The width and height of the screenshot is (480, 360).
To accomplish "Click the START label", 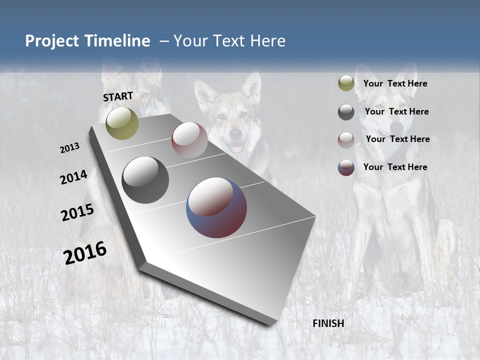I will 118,96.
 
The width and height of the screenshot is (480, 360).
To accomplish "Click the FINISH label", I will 328,323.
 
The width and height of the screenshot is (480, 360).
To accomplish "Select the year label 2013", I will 69,148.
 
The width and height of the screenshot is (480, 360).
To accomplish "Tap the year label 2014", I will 73,177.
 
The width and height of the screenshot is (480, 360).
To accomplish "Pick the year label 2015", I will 77,212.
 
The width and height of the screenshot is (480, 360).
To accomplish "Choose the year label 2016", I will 85,253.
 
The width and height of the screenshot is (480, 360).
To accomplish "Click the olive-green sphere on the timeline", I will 122,123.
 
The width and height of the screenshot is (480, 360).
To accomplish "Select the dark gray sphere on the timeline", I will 145,180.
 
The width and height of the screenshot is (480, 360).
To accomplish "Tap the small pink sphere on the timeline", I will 189,140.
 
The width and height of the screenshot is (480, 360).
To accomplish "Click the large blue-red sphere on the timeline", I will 216,207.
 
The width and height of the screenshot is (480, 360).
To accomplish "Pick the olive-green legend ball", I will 346,83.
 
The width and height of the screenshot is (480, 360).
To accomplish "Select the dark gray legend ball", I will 346,112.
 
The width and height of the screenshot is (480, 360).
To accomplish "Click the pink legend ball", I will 346,140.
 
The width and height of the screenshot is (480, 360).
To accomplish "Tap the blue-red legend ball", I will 346,167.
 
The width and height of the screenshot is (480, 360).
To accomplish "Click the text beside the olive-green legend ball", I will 395,84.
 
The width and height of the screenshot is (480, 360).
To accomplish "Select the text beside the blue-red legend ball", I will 395,167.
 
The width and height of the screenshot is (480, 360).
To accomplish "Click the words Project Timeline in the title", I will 87,41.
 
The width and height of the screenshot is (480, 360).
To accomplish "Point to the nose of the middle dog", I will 235,134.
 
